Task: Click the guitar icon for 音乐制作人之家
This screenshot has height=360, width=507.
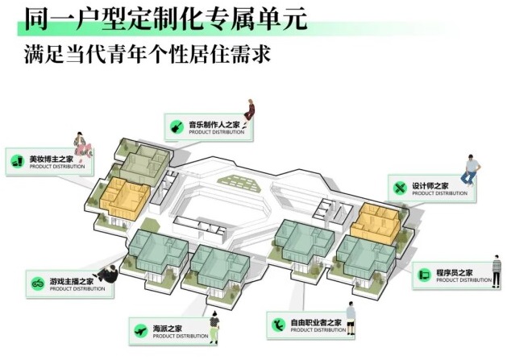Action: click(x=177, y=126)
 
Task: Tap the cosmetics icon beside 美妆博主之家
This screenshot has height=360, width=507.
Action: click(x=18, y=161)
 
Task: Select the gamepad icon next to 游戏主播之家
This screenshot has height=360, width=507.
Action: click(x=38, y=283)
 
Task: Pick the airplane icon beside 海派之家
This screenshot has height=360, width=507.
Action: click(x=141, y=331)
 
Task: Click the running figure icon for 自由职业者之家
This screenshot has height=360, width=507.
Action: click(x=278, y=325)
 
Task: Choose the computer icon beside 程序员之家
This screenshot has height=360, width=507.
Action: click(x=424, y=275)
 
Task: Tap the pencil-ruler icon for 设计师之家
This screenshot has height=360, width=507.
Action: click(x=400, y=188)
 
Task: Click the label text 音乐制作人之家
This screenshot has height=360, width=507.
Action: click(x=214, y=125)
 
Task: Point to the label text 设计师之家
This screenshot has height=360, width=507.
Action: click(x=430, y=186)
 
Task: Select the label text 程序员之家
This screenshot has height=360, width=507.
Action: click(x=455, y=272)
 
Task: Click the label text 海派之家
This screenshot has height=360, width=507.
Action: click(x=167, y=329)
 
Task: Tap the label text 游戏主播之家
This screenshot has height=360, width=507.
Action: click(x=72, y=281)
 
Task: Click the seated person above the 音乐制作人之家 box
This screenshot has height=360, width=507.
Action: click(x=248, y=112)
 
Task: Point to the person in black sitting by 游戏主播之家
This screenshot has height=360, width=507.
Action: click(x=109, y=274)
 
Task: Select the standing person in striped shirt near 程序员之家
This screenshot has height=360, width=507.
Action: click(x=496, y=271)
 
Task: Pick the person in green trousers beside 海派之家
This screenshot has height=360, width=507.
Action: click(x=214, y=326)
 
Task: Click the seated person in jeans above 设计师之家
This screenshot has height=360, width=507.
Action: click(x=471, y=170)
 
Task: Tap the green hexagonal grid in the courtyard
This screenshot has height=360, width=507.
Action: click(x=239, y=182)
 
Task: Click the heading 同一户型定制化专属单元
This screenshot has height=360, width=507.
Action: click(x=165, y=19)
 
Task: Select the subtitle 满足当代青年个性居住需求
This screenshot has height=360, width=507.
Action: click(x=148, y=54)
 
